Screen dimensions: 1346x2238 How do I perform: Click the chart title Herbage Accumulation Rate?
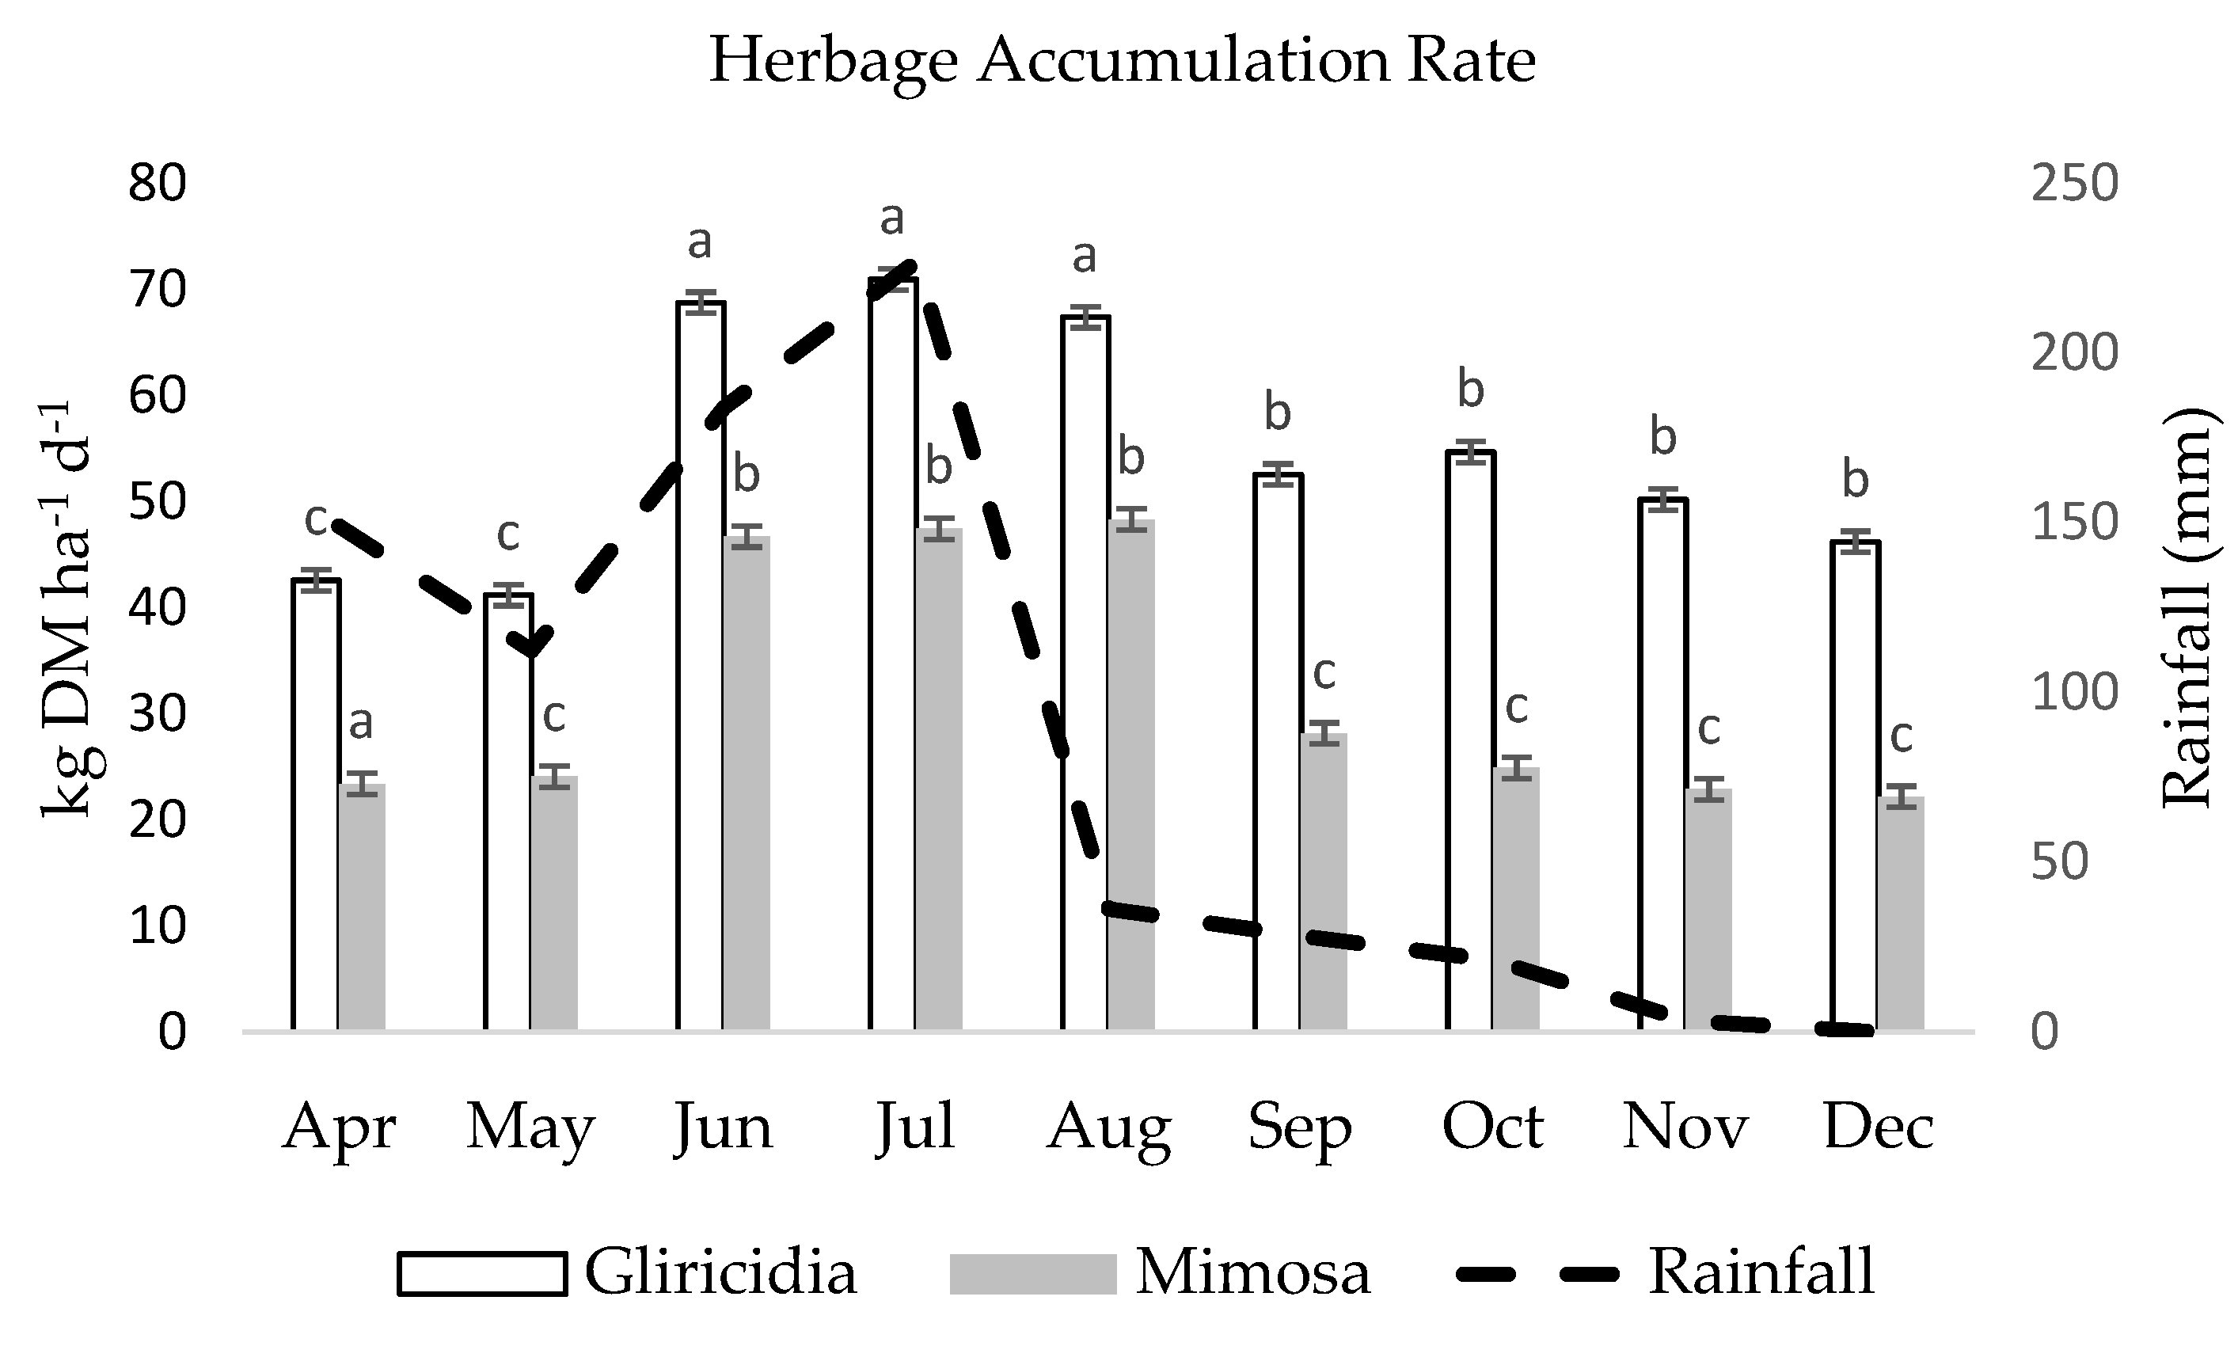[1121, 62]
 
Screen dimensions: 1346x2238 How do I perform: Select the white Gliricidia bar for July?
[893, 653]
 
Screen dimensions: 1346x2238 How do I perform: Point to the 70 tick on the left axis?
[158, 291]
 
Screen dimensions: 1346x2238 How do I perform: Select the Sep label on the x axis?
[1299, 1127]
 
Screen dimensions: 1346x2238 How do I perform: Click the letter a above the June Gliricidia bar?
[699, 242]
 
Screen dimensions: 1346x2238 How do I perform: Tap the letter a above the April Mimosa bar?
[361, 723]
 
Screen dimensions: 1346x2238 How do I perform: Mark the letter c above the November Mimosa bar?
[1708, 728]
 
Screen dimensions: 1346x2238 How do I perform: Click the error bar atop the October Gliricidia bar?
[1471, 451]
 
